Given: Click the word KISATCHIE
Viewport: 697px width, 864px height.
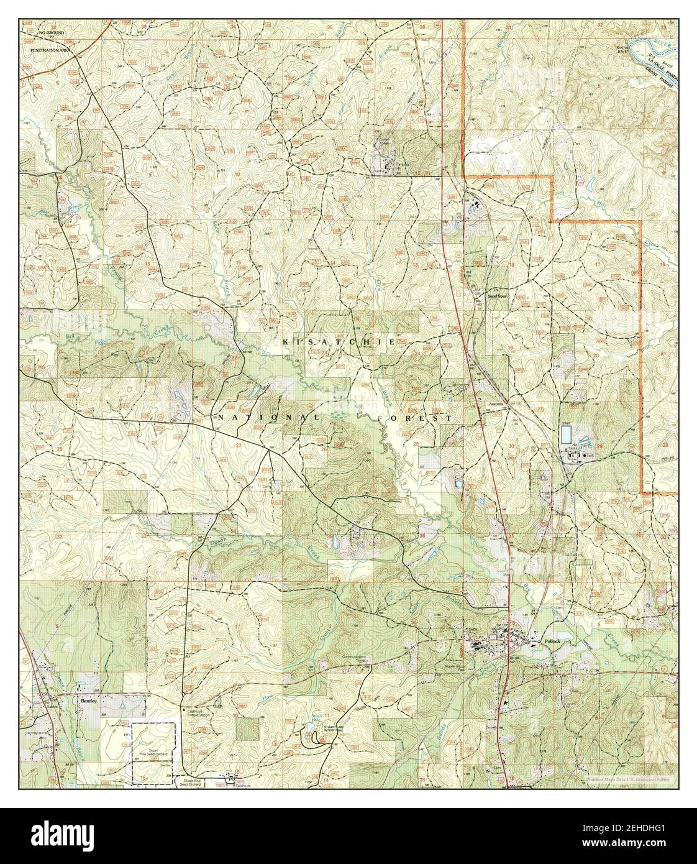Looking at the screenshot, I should pyautogui.click(x=339, y=342).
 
